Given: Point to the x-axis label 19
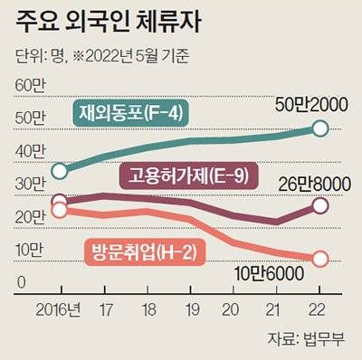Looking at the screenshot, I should (190, 308).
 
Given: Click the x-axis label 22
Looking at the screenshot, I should (319, 308).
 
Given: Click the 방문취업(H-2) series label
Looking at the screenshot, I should (143, 251).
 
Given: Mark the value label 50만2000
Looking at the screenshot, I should (309, 107).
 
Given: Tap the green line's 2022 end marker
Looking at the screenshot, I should (320, 128).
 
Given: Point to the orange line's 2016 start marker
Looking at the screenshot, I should (60, 210).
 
